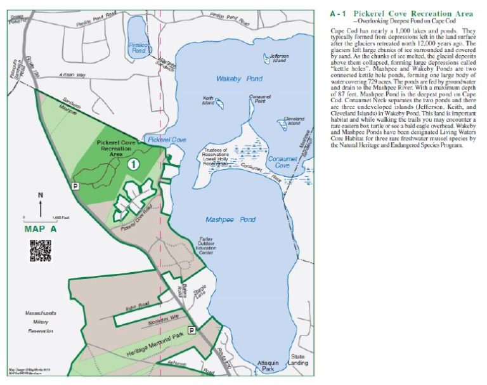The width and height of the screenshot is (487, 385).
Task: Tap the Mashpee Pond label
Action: (230, 219)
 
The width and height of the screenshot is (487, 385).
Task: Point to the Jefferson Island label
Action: (278, 58)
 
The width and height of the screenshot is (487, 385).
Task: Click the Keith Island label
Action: (209, 100)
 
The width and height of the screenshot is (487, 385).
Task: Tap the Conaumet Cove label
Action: (282, 162)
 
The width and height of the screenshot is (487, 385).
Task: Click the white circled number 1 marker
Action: (134, 164)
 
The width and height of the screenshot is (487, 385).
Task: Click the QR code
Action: (39, 251)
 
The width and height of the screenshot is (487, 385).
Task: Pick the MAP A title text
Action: (40, 228)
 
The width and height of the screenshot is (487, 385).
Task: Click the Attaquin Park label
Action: (266, 366)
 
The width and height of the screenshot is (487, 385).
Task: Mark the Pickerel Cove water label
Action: (166, 138)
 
